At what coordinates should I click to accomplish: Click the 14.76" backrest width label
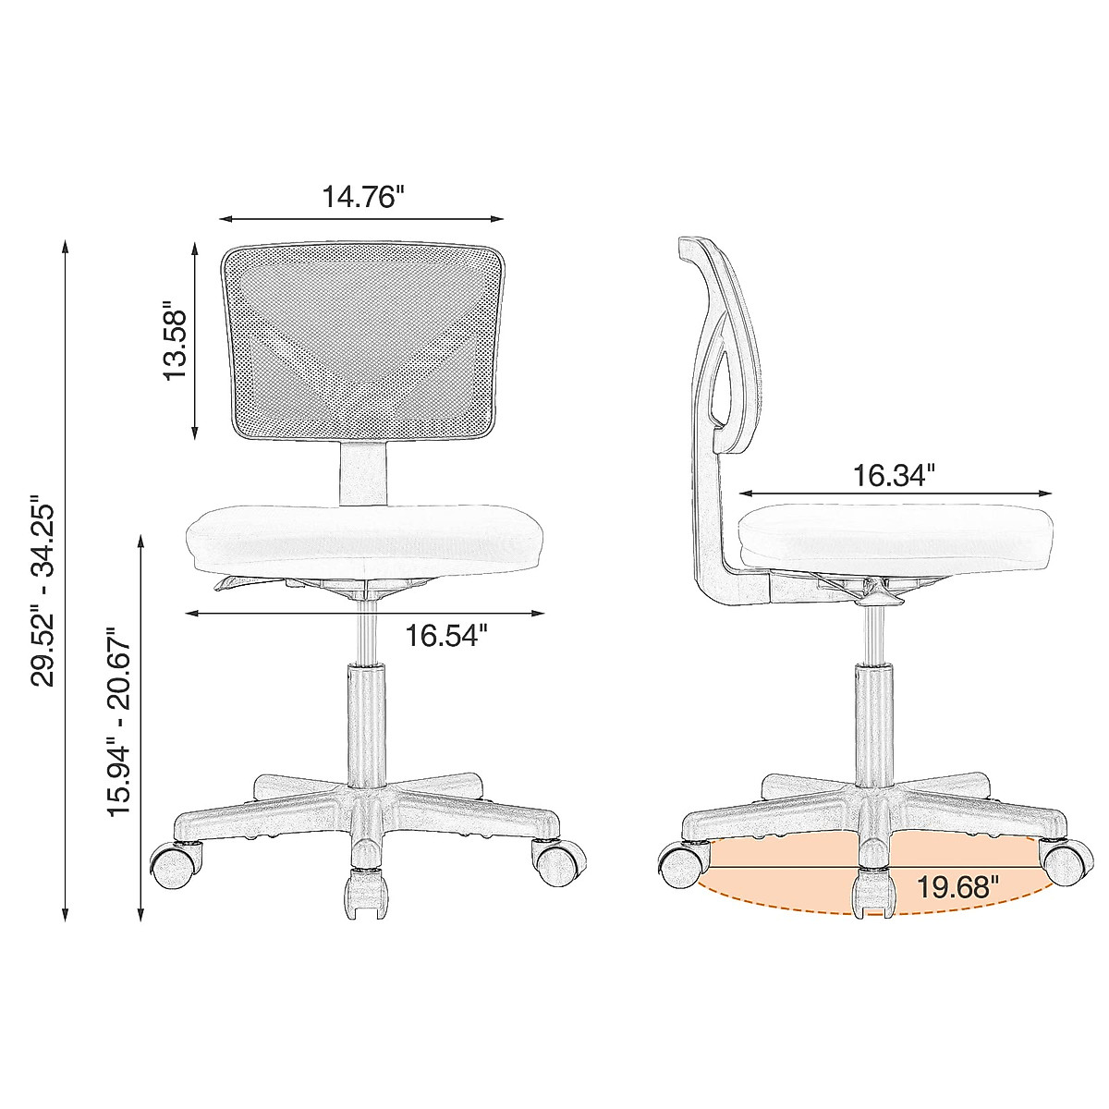tap(363, 197)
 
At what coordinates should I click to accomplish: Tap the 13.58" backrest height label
tap(175, 339)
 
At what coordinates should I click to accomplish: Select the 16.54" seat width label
tap(446, 636)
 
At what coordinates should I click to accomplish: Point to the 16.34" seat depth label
tap(894, 475)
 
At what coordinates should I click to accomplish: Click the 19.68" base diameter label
tap(958, 887)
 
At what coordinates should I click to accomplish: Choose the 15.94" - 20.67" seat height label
tap(121, 723)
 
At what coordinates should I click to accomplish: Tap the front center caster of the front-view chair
tap(364, 895)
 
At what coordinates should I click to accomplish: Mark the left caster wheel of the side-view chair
tap(680, 865)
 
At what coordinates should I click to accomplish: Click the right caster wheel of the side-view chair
tap(1066, 861)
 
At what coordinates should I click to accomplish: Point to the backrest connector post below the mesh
tap(363, 473)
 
